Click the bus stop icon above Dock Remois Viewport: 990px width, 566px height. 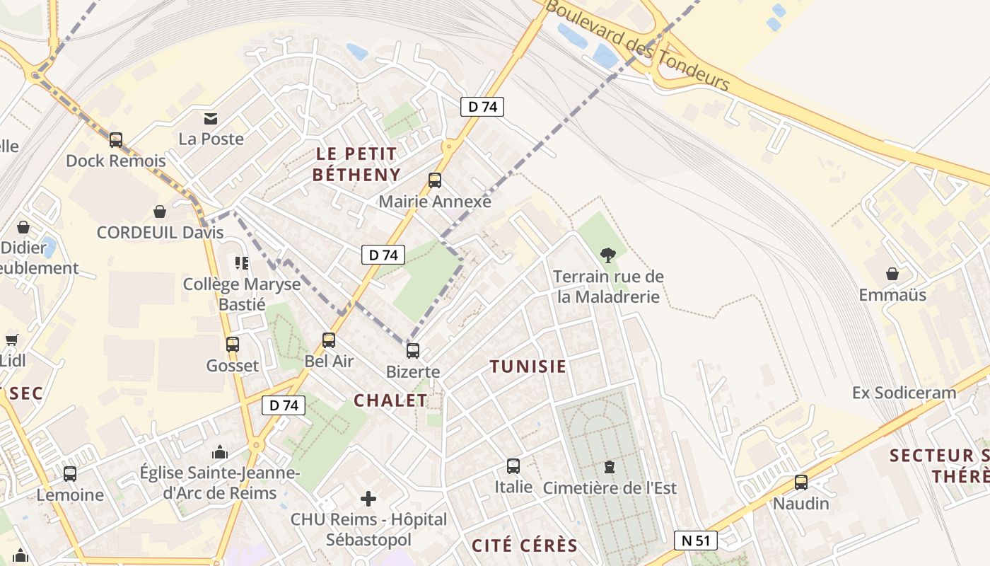coord(116,140)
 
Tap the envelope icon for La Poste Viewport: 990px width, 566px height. coord(211,118)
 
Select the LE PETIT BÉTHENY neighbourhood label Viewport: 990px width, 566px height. coord(356,164)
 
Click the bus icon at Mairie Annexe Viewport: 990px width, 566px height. coord(434,180)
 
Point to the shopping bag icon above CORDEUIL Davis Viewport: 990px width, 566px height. coord(160,212)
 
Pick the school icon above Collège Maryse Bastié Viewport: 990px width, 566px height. coord(242,263)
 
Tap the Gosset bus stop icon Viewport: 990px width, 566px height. coord(232,345)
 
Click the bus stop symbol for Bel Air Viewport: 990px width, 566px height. coord(329,340)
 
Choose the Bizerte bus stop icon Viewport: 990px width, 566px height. coord(413,350)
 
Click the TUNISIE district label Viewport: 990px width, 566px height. coord(528,366)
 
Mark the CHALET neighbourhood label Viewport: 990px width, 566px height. coord(390,400)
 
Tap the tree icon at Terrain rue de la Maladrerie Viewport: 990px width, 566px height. coord(607,255)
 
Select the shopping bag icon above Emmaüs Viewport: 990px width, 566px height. coord(892,274)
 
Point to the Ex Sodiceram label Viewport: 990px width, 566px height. coord(904,393)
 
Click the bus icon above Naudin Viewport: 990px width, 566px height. coord(800,483)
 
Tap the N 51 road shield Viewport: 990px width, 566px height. coord(695,541)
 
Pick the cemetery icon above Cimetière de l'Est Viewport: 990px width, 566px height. coord(609,467)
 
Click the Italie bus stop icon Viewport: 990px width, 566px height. coord(513,466)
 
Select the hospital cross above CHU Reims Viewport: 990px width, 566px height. coord(368,499)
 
